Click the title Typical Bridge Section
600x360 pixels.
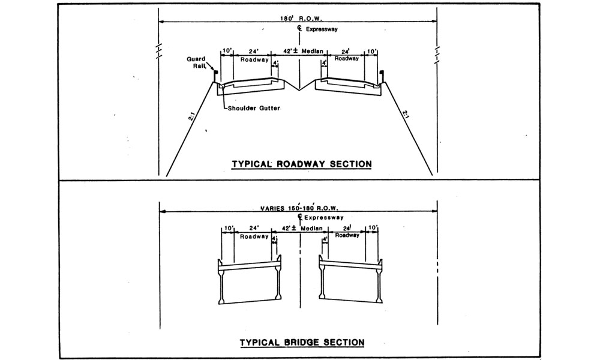[x=302, y=342]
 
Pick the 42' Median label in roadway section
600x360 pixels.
[x=299, y=52]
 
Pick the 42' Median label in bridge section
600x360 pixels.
[x=299, y=229]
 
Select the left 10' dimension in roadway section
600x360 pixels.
[x=227, y=51]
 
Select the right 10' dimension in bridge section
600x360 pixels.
[x=373, y=229]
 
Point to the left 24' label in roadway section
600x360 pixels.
[x=254, y=51]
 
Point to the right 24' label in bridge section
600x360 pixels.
[x=347, y=229]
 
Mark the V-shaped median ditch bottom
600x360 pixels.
[x=299, y=90]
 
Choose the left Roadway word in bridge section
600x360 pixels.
[x=254, y=236]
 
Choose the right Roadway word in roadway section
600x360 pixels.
[x=347, y=59]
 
